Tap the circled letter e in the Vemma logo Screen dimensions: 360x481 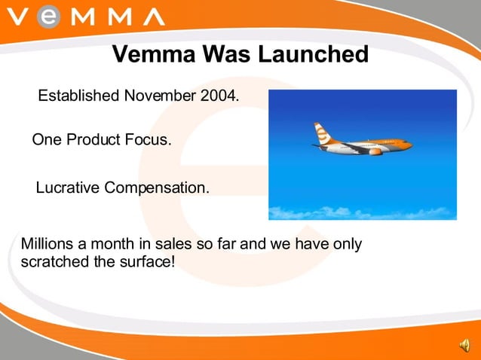47,17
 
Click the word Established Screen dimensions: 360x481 78,96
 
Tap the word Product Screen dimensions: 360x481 93,140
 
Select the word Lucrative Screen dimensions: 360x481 68,188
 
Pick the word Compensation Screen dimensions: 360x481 157,188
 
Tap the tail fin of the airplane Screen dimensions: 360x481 321,133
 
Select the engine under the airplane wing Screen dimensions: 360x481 375,151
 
